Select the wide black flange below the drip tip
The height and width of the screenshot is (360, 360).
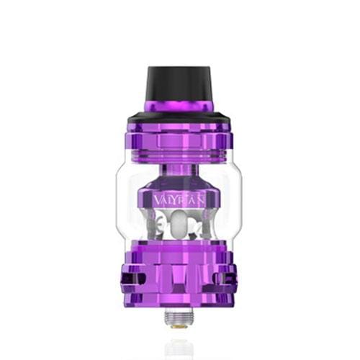click(179, 114)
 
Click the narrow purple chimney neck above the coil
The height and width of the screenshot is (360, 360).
click(179, 178)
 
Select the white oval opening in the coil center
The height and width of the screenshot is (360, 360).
click(180, 233)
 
